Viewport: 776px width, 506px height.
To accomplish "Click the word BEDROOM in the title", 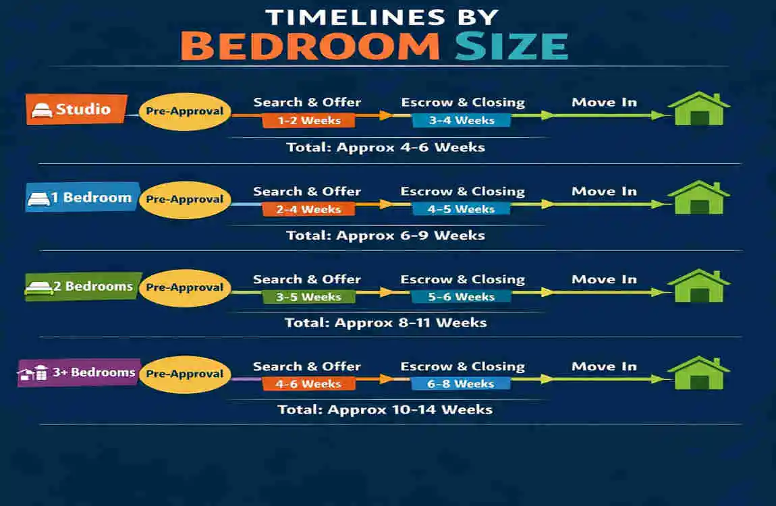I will coord(310,46).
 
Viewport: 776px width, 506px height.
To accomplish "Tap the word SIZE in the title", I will coord(511,46).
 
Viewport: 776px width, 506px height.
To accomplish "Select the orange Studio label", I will coord(77,109).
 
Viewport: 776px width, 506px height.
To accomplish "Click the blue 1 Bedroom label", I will coord(82,198).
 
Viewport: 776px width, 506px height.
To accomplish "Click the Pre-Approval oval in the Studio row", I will coord(184,111).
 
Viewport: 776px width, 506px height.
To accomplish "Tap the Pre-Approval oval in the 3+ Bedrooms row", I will coord(184,374).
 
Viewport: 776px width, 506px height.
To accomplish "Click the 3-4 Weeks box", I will coord(462,121).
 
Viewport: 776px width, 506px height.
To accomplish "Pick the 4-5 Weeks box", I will coord(462,209).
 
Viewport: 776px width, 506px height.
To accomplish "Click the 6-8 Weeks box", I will coord(462,384).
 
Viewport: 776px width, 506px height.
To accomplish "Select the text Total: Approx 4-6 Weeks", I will coord(385,147).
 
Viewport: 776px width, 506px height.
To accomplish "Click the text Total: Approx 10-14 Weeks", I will coord(385,410).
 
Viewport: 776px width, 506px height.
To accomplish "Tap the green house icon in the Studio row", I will coord(699,109).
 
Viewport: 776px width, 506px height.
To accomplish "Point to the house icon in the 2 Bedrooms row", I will coord(699,286).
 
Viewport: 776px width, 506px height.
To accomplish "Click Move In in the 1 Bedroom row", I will coord(604,192).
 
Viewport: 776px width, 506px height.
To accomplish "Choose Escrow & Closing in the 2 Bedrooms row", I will coord(462,279).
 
